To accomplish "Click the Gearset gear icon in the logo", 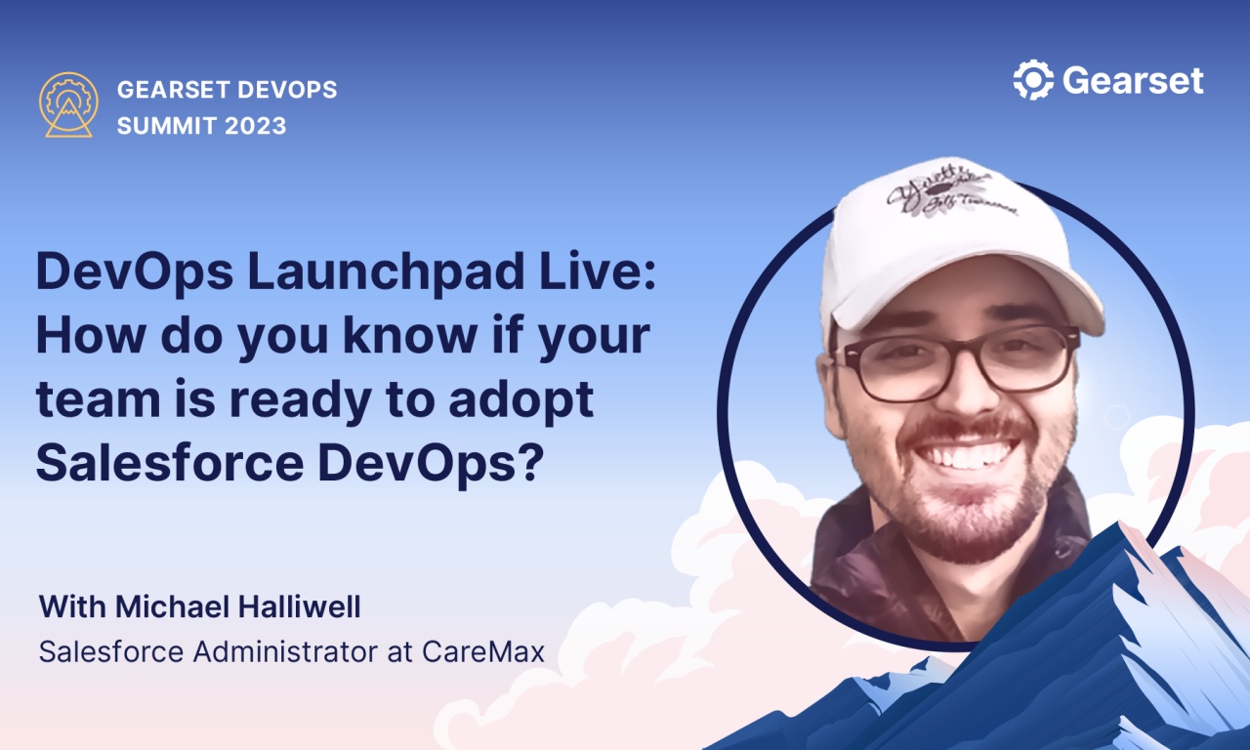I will [x=1033, y=80].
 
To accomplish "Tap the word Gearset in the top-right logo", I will [x=1133, y=80].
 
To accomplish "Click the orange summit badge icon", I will [x=67, y=104].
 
